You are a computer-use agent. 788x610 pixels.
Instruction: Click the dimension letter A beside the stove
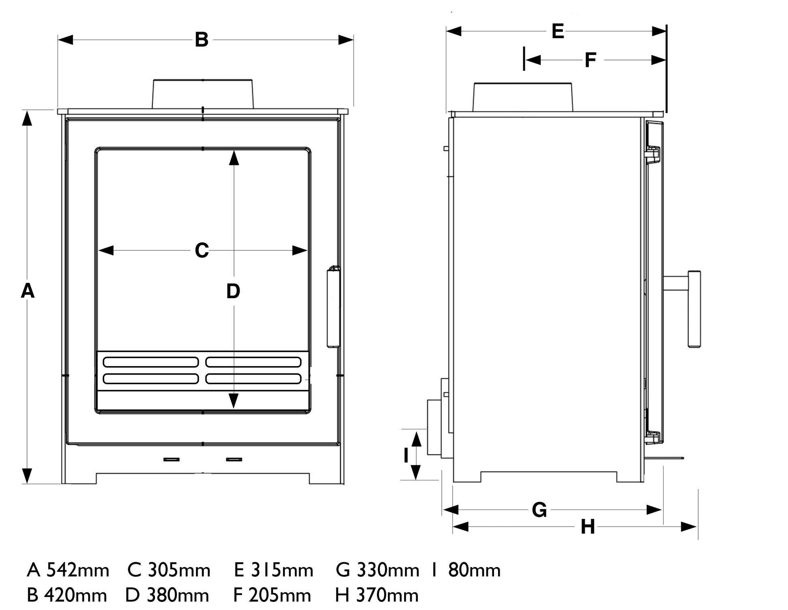[x=28, y=291]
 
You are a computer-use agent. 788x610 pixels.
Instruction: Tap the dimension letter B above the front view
[x=202, y=40]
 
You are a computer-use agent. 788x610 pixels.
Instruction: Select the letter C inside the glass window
[x=202, y=250]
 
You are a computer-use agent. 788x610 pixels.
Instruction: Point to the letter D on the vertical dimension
[x=233, y=291]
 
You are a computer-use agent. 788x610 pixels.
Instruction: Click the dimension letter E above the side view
[x=558, y=31]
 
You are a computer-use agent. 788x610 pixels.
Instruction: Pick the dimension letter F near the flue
[x=590, y=60]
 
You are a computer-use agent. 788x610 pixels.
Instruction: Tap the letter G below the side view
[x=539, y=510]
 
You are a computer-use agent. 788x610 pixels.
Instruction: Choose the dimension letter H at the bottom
[x=588, y=527]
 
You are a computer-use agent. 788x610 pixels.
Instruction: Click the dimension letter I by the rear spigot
[x=406, y=456]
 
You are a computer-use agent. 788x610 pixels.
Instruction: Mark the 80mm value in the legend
[x=474, y=570]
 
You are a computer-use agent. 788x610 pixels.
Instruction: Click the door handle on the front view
[x=333, y=307]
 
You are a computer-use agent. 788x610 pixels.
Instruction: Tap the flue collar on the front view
[x=202, y=94]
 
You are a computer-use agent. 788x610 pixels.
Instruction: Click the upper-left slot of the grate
[x=151, y=362]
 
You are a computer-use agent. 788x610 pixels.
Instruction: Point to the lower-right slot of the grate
[x=253, y=379]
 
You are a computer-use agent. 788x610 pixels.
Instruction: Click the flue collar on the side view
[x=523, y=97]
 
